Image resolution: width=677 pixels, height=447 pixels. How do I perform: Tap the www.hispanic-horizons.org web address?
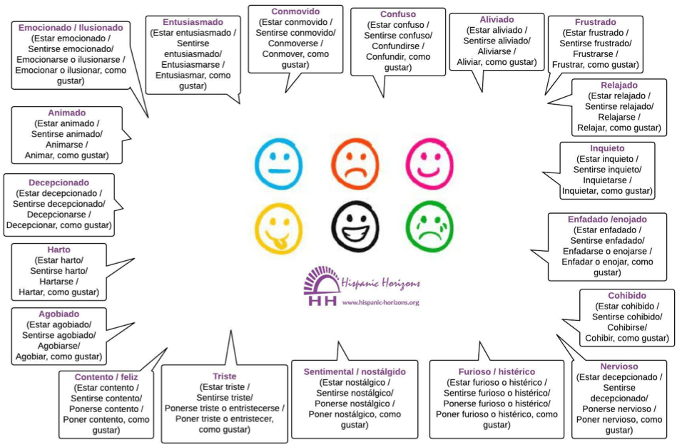pyautogui.click(x=380, y=302)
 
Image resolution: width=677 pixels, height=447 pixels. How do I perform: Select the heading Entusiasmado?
pyautogui.click(x=193, y=22)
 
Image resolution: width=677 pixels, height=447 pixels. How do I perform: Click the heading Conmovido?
pyautogui.click(x=295, y=12)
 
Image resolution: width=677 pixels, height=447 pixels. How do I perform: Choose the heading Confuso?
pyautogui.click(x=398, y=14)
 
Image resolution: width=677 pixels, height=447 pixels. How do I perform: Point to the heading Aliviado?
pyautogui.click(x=497, y=19)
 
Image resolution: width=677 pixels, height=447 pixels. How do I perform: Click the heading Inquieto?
pyautogui.click(x=607, y=148)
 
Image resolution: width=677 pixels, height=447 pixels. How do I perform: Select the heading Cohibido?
pyautogui.click(x=627, y=296)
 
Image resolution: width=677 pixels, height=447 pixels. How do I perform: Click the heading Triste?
pyautogui.click(x=224, y=376)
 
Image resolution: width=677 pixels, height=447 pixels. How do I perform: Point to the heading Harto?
pyautogui.click(x=58, y=250)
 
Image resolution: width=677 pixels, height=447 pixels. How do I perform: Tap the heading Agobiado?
pyautogui.click(x=58, y=314)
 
